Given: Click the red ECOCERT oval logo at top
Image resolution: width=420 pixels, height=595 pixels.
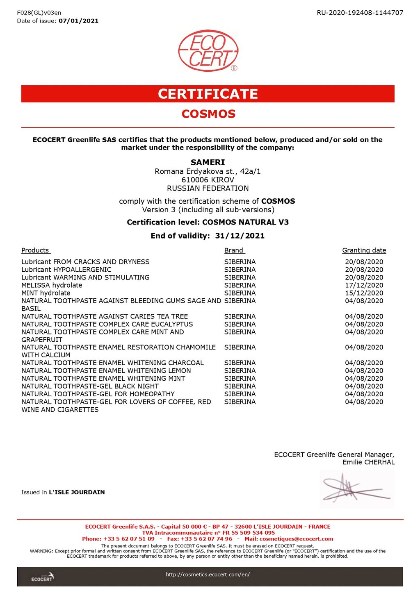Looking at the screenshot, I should click(x=208, y=51).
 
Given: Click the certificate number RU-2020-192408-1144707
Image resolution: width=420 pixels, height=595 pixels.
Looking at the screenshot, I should click(x=360, y=13).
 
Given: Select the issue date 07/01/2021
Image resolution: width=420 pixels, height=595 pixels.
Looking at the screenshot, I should click(x=78, y=21).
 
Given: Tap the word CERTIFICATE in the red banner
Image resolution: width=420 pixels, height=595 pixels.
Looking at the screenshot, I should click(x=208, y=94).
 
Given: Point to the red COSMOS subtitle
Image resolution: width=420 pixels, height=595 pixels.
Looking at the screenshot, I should click(x=208, y=114).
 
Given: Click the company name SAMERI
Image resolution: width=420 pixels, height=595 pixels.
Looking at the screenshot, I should click(x=208, y=162).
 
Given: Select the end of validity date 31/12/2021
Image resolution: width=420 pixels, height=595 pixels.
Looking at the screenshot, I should click(x=240, y=236).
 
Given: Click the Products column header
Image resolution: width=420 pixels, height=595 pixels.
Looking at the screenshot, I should click(x=35, y=250).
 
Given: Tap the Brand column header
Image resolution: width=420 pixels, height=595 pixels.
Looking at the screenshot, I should click(x=234, y=250).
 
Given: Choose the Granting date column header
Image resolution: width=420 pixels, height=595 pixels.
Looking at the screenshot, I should click(x=364, y=250).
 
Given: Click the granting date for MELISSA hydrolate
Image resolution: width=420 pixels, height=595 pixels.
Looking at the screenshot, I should click(x=364, y=285).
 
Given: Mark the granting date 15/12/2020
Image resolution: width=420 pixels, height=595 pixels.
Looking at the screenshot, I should click(x=364, y=293).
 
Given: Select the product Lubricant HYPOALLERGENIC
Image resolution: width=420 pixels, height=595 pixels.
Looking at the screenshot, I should click(x=66, y=270).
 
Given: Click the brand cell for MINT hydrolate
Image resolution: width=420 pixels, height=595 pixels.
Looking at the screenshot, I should click(x=240, y=293).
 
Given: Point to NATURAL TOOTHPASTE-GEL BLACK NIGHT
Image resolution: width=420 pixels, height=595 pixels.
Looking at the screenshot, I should click(x=90, y=386).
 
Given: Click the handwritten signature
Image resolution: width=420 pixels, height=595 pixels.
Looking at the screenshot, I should click(x=355, y=489).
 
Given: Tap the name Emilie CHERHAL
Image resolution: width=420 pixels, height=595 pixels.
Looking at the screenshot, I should click(x=368, y=462).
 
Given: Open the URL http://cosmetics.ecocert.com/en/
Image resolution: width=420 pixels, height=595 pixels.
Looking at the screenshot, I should click(x=208, y=575).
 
